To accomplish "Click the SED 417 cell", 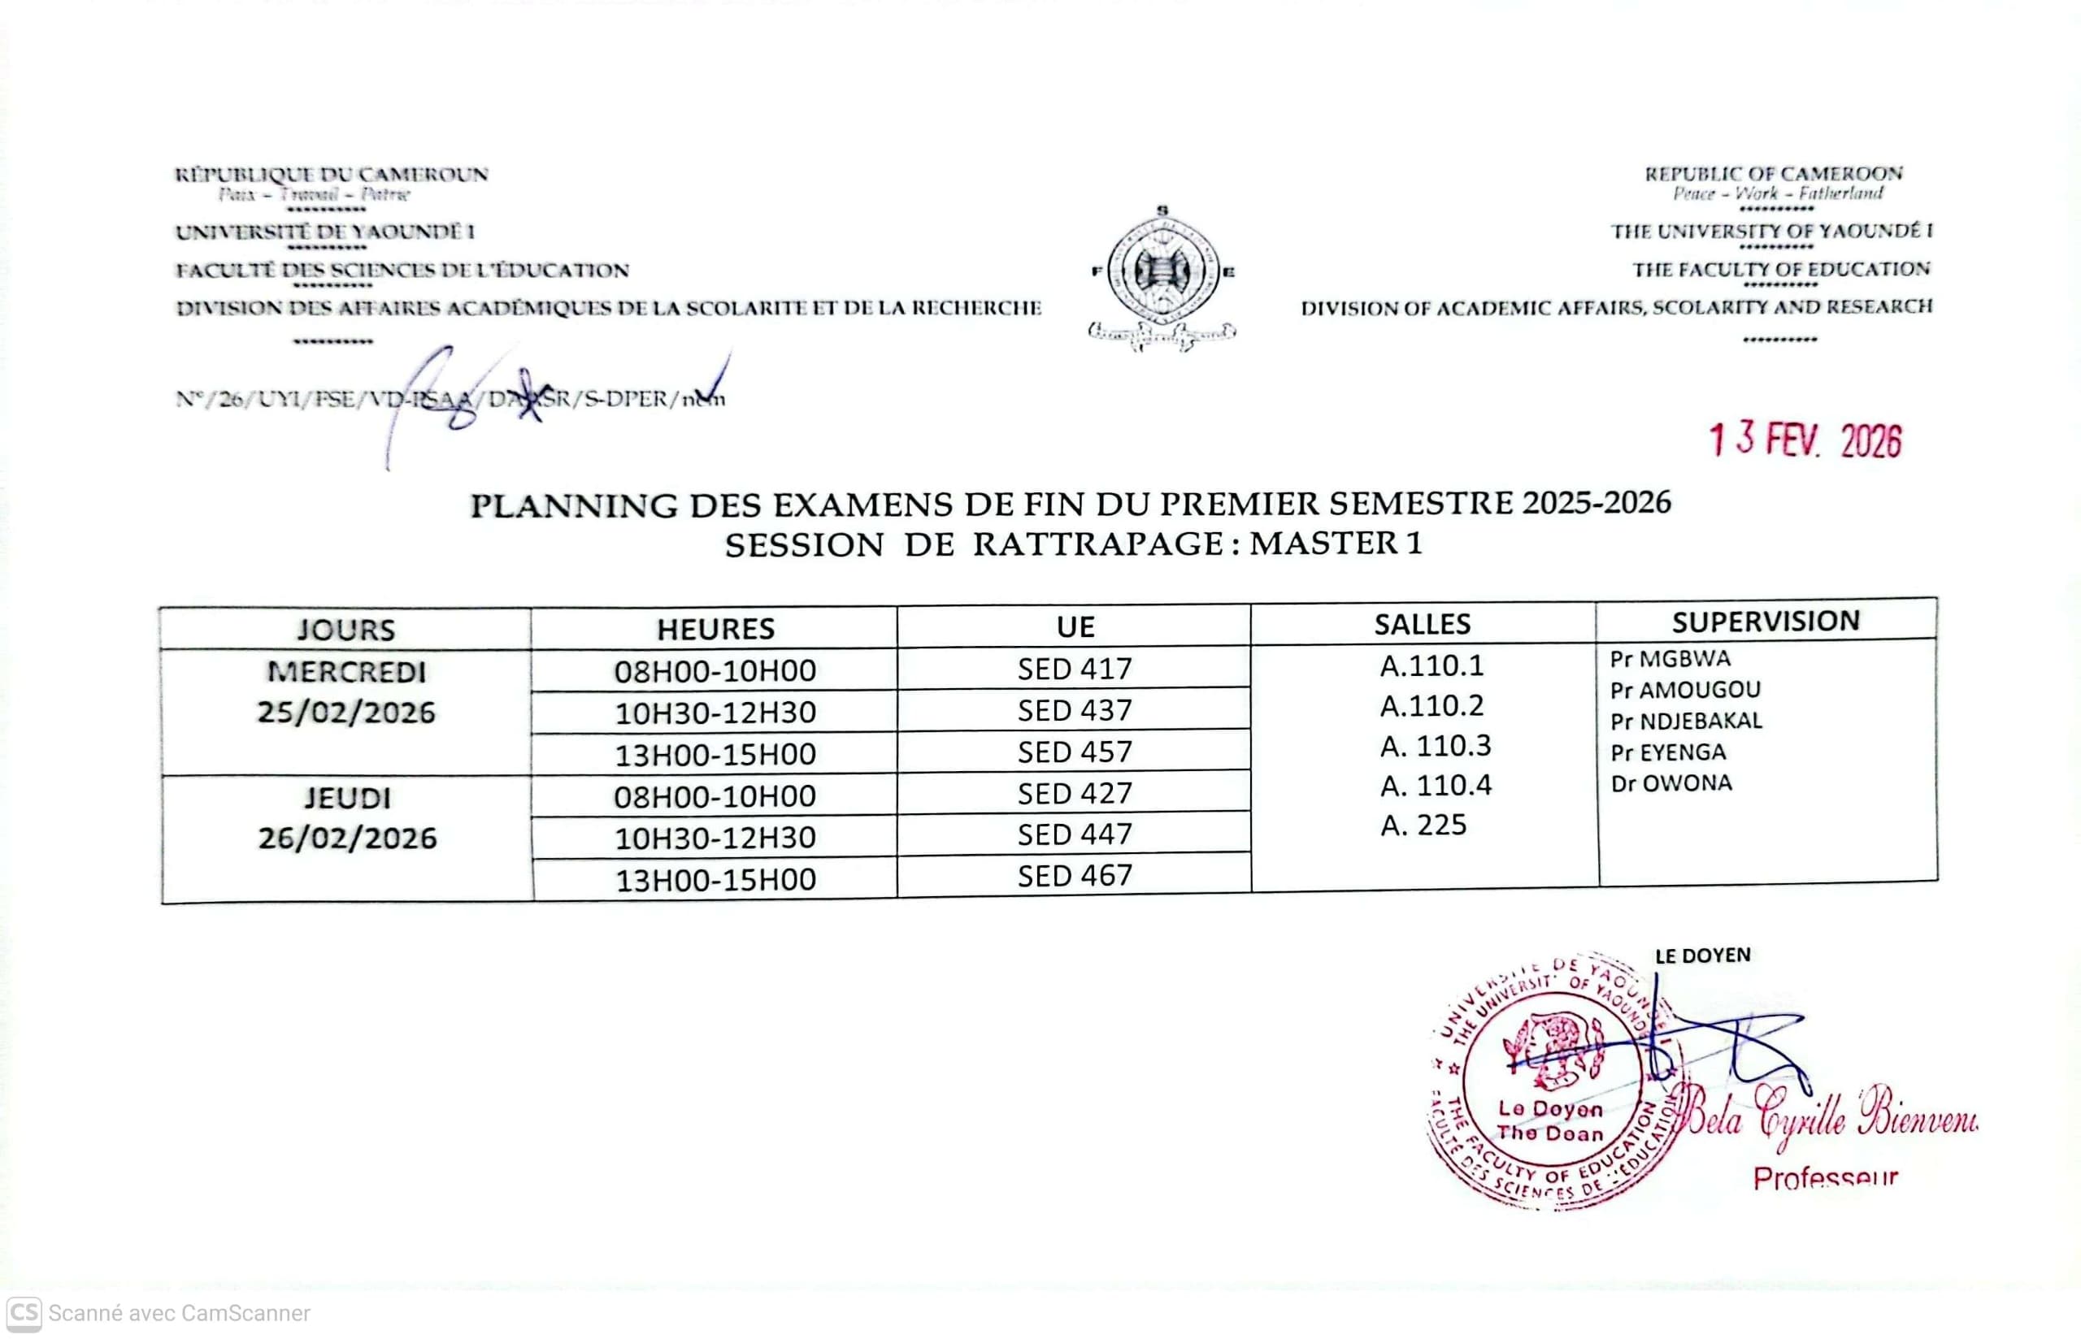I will point(1075,669).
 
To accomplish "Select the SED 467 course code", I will point(1075,876).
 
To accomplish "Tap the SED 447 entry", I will point(1075,834).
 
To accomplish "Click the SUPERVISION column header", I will point(1766,621).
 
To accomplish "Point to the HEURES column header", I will point(715,629).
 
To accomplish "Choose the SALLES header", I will point(1422,624).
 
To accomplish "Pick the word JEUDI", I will point(347,798).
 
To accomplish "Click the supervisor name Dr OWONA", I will point(1670,783).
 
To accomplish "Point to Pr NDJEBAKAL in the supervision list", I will point(1685,721).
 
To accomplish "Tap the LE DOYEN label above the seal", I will point(1703,955).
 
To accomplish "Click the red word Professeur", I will point(1824,1178).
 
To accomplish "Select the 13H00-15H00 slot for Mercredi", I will point(715,755).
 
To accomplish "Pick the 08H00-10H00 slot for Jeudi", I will point(715,796).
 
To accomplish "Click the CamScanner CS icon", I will point(24,1313).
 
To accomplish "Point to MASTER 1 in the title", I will point(1335,544).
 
